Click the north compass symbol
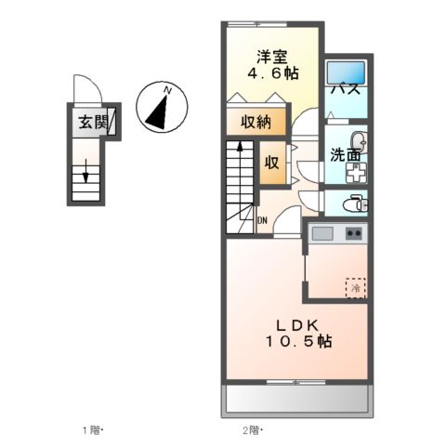tap(161, 107)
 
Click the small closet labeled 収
tap(271, 162)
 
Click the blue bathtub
tap(347, 71)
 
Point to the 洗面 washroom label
tap(346, 154)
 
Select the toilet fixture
tap(354, 203)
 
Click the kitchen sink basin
tap(322, 232)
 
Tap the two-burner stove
tap(353, 232)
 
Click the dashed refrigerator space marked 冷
tap(355, 287)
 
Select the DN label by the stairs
tap(262, 220)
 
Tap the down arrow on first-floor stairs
tap(86, 173)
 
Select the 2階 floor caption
tap(252, 430)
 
